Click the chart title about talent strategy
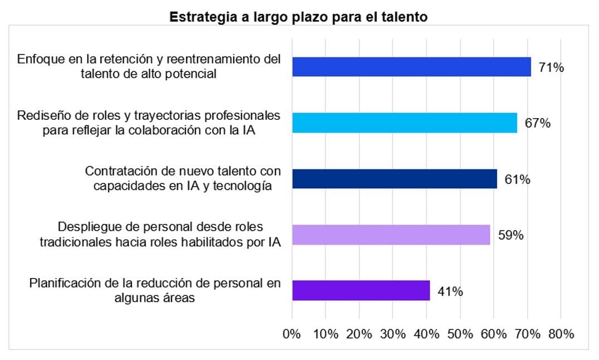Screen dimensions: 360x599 [x=299, y=17]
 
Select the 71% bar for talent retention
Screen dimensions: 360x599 [x=411, y=67]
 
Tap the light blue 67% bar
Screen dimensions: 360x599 [x=405, y=123]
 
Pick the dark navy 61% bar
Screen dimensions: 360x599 [x=395, y=179]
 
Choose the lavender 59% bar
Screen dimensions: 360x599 [x=391, y=235]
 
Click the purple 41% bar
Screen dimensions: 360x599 [x=361, y=290]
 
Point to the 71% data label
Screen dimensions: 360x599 [x=551, y=68]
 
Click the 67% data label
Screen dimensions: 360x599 [x=537, y=123]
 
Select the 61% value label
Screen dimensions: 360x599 [x=517, y=179]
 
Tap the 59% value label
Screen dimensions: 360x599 [x=510, y=235]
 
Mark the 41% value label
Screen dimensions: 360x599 [x=450, y=291]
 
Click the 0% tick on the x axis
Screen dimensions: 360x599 [x=292, y=334]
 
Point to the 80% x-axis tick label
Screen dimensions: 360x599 [x=561, y=334]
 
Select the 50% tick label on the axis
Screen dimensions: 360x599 [x=460, y=334]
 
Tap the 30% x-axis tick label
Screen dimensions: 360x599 [x=393, y=334]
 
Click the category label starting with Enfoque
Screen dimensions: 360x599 [x=149, y=66]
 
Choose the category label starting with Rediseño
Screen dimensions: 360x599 [x=149, y=123]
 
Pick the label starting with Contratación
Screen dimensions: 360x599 [x=183, y=178]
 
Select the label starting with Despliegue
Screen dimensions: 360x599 [x=160, y=235]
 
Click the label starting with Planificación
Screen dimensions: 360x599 [x=155, y=290]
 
